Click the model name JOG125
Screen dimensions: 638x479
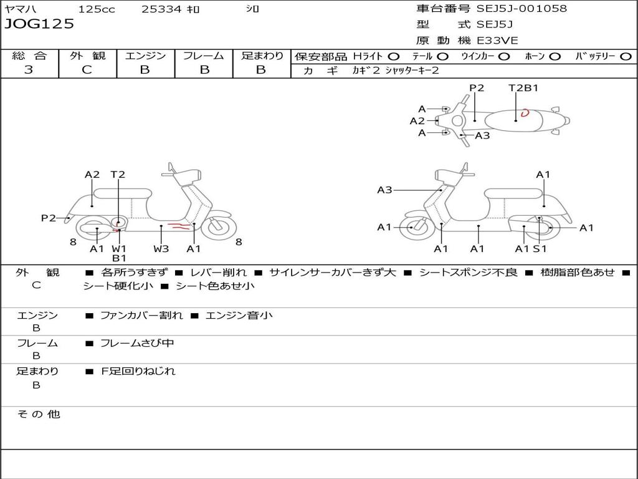tap(39, 24)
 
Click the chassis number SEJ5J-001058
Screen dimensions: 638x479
tap(521, 9)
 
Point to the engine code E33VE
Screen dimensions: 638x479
tap(497, 41)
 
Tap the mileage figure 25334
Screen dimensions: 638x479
tap(161, 9)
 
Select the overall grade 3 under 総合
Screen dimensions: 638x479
tap(29, 70)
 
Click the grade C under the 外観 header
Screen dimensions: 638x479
tap(87, 70)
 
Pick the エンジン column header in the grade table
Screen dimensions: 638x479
tap(145, 56)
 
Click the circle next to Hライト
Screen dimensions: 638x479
tap(394, 57)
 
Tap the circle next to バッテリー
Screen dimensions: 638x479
tap(626, 57)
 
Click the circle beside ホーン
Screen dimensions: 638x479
tap(555, 57)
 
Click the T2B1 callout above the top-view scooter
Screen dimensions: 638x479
tap(523, 87)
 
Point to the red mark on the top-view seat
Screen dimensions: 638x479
tap(525, 112)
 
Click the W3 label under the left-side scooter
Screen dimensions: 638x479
tap(161, 248)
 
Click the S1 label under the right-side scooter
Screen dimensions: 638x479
tap(540, 248)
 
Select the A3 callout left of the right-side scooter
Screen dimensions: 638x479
tap(384, 190)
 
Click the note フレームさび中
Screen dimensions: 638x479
tap(137, 344)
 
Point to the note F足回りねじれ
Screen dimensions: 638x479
tap(138, 371)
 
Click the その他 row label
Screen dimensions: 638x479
tap(39, 414)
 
